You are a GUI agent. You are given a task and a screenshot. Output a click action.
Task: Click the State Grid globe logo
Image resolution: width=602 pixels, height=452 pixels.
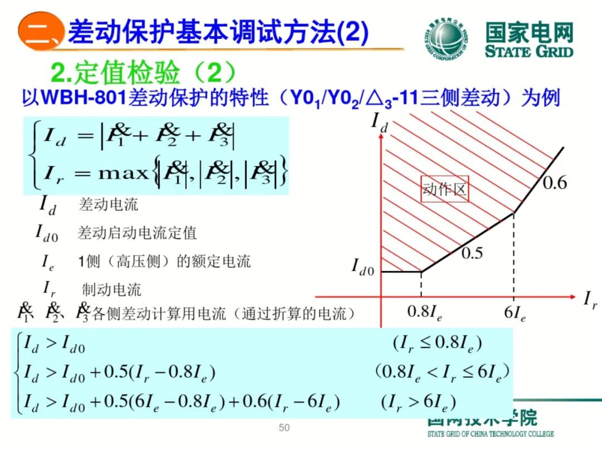[445, 39]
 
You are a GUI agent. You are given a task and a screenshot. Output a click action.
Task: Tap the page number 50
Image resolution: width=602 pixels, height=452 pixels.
[284, 428]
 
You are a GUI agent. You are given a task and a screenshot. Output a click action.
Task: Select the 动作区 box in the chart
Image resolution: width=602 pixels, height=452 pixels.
[444, 190]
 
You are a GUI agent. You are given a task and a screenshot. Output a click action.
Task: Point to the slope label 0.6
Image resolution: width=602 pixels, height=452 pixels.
[554, 182]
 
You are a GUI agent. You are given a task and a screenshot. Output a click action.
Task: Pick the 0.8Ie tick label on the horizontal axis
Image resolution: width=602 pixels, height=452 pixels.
[425, 312]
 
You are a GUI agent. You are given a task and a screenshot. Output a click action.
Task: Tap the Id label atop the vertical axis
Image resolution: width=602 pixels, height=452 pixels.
[380, 122]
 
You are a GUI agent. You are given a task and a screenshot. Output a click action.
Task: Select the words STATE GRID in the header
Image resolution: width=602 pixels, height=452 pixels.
[528, 52]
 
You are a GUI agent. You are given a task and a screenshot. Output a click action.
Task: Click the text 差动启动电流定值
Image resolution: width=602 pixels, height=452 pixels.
[137, 233]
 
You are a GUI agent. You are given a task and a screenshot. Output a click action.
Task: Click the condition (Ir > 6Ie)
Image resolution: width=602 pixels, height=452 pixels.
[419, 401]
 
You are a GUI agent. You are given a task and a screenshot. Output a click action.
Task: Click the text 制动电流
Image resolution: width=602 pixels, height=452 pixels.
[111, 290]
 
